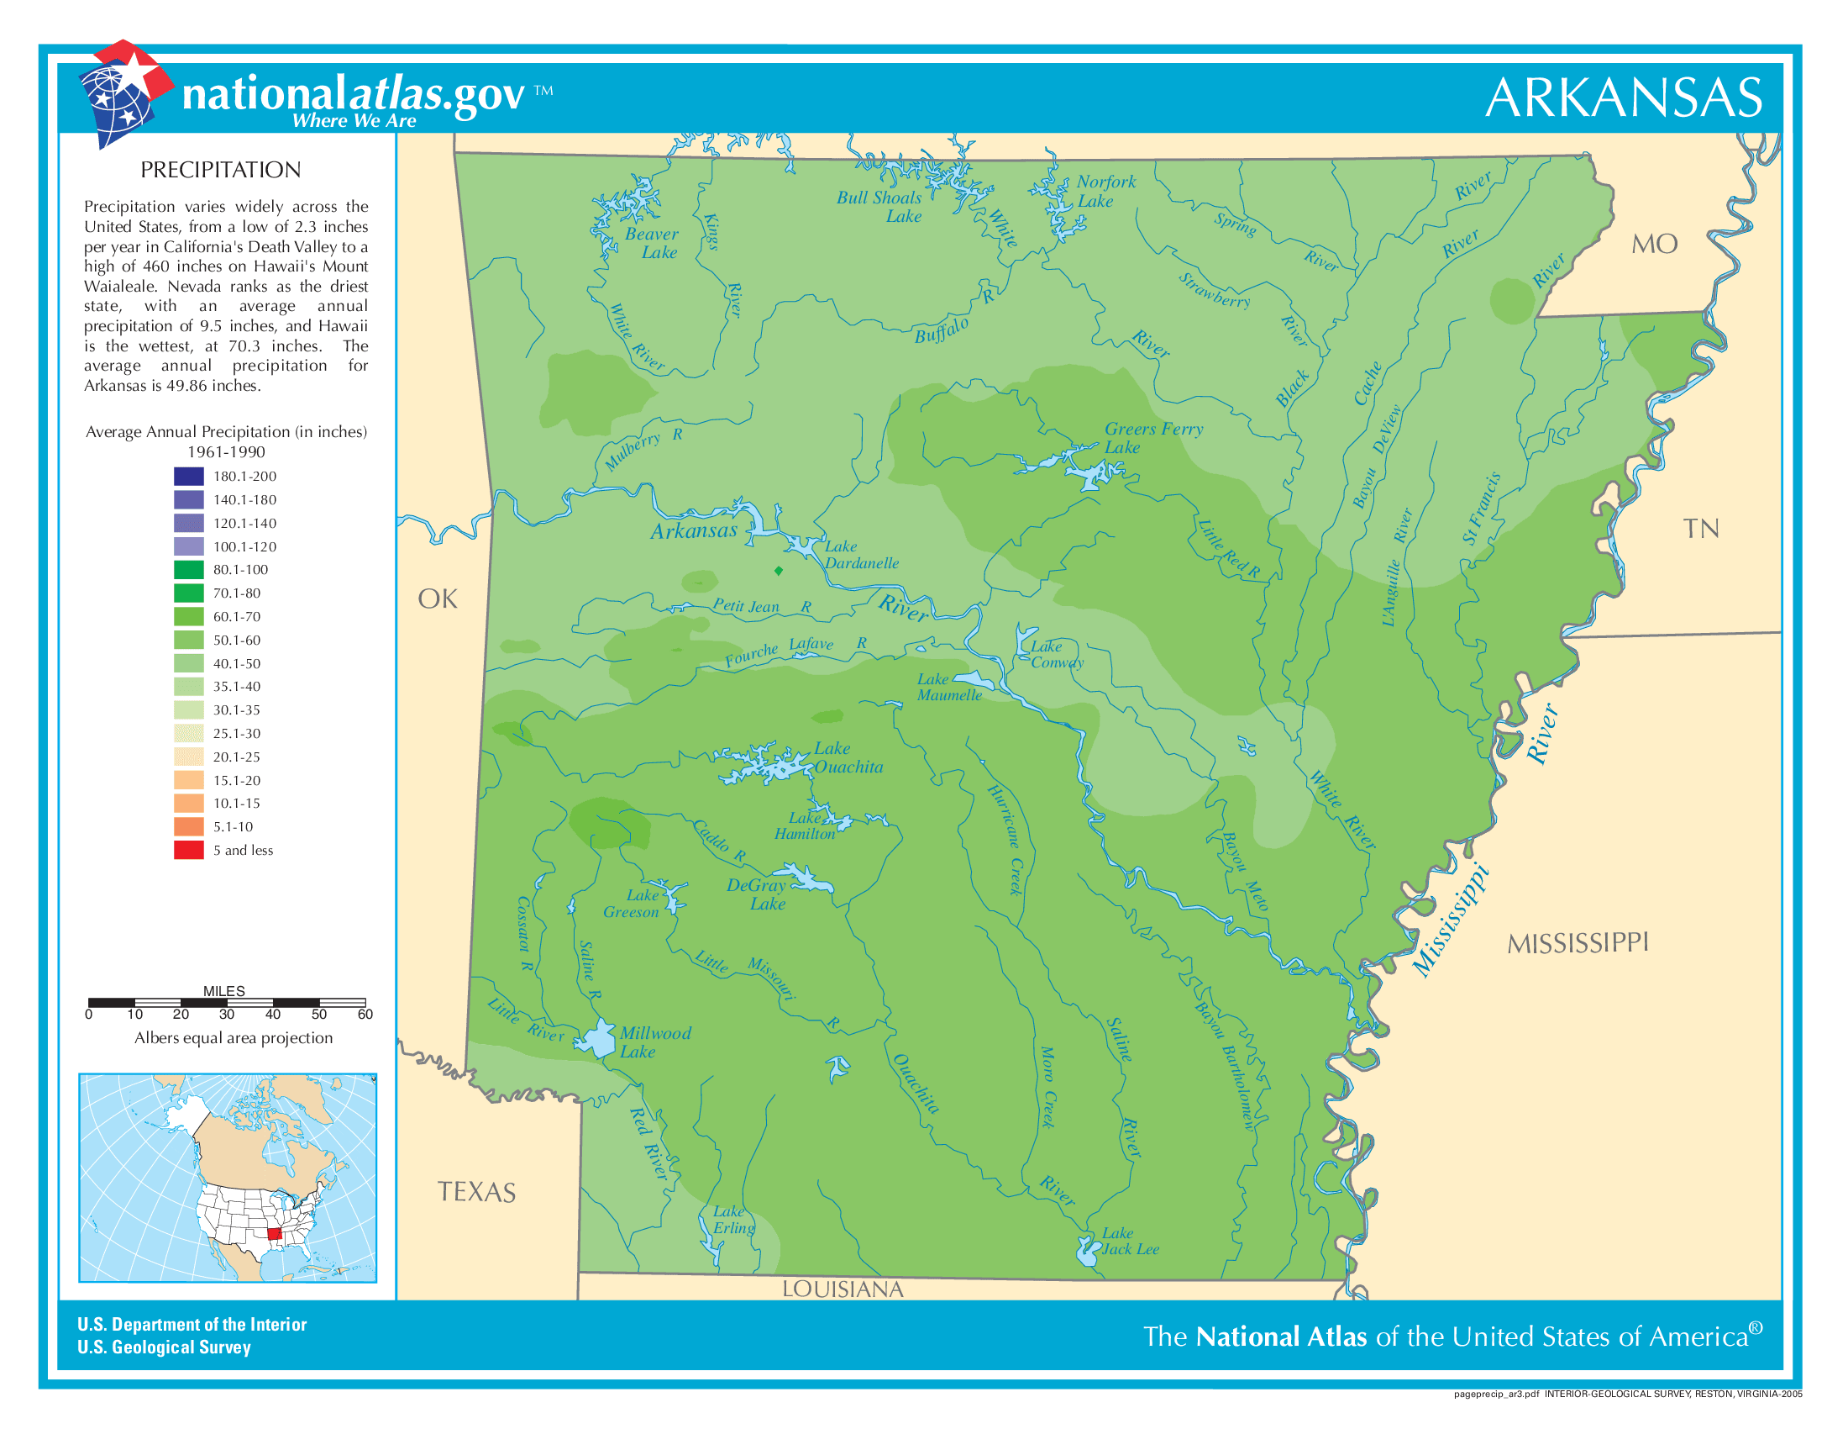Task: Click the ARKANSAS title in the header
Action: (1623, 98)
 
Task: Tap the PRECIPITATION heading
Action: (220, 170)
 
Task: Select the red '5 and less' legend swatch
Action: (189, 850)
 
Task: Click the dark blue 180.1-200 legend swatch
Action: (189, 476)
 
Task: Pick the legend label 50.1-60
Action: (236, 640)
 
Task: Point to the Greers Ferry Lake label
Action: (1152, 438)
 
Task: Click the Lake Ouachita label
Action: (848, 757)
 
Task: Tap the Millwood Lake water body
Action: (600, 1038)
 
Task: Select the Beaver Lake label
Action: (653, 243)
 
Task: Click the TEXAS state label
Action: (476, 1192)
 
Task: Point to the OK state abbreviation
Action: (438, 599)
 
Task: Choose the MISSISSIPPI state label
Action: (1578, 943)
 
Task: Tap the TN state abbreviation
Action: (1700, 529)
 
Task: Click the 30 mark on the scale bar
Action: (227, 1015)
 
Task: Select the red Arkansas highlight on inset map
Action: (274, 1233)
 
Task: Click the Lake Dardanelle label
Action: (860, 555)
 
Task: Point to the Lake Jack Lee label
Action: (1129, 1241)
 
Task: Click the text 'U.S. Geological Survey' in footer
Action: (164, 1347)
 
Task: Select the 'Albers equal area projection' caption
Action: (234, 1038)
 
